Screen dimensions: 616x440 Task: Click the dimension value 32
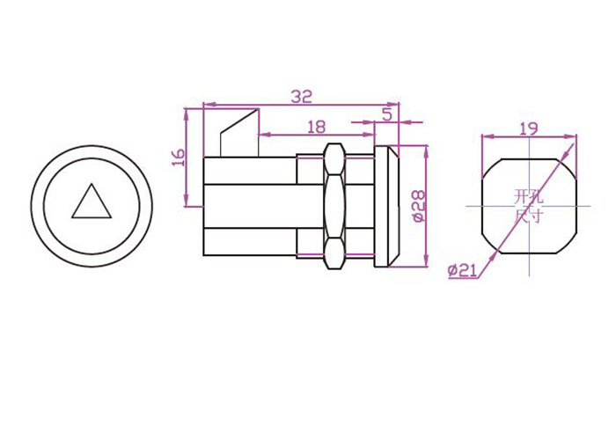click(301, 96)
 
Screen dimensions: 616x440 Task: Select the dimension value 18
click(317, 127)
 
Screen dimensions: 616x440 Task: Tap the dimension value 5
click(387, 114)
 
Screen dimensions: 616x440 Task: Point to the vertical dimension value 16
click(179, 158)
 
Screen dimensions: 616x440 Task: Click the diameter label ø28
click(419, 207)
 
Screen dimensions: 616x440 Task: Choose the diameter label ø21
click(462, 270)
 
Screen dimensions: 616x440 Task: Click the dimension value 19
click(529, 128)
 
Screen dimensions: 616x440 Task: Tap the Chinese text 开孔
click(528, 196)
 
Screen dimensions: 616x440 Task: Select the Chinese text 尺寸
click(528, 216)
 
